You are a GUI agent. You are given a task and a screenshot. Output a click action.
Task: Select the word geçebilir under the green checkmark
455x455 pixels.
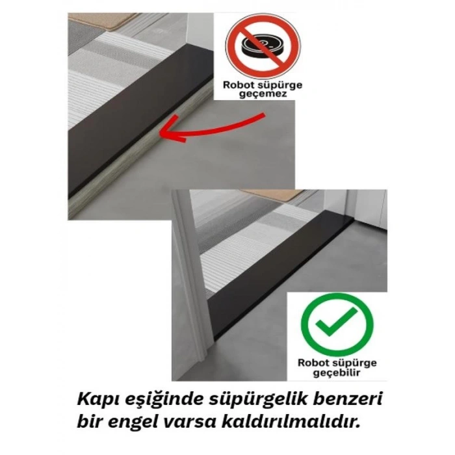click(337, 373)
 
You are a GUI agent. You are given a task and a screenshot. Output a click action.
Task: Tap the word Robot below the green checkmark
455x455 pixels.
click(314, 362)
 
